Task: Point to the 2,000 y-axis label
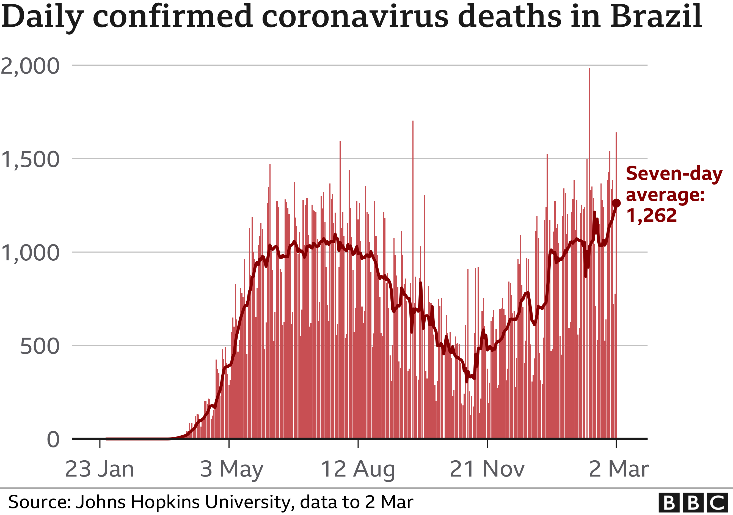tap(30, 66)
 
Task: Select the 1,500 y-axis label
tap(30, 159)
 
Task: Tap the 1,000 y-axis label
tap(30, 253)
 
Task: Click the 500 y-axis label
tap(39, 346)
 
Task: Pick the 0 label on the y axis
tap(53, 440)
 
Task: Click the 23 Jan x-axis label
tap(100, 469)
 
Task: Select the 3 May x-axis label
tap(232, 469)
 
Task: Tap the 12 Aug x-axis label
tap(358, 469)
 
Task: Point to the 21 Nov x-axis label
tap(487, 469)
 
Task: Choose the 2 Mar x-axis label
tap(619, 469)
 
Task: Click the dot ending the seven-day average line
tap(616, 203)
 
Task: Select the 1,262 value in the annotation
tap(651, 216)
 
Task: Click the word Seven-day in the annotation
tap(674, 174)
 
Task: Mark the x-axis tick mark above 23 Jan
tap(100, 444)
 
